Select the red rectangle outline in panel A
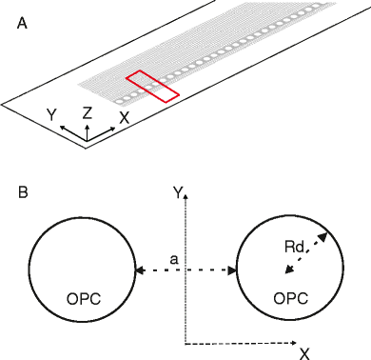(152, 86)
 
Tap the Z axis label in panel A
(87, 112)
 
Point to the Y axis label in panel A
(52, 115)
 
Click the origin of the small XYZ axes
(87, 139)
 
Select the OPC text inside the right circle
(290, 299)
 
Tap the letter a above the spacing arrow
(172, 258)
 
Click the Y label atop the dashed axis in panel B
(176, 192)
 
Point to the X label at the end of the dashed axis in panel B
(304, 353)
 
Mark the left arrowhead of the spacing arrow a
(139, 272)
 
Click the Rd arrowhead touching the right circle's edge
(325, 232)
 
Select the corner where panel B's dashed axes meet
(185, 343)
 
